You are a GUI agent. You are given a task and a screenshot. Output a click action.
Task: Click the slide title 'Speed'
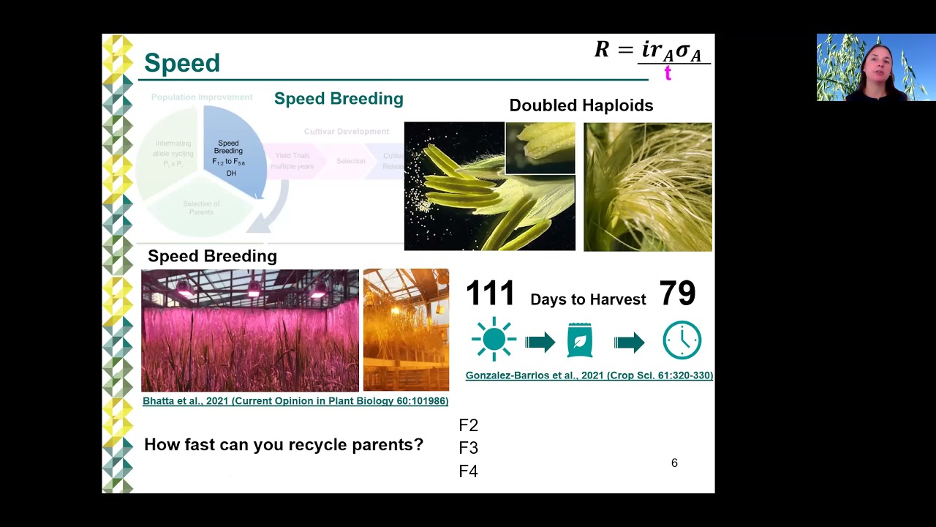(181, 63)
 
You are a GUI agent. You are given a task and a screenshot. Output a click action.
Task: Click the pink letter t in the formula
(668, 72)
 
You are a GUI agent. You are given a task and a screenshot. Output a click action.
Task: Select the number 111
(490, 294)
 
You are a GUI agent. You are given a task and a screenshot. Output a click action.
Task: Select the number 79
(677, 294)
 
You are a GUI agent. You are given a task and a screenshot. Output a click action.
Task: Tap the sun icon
(494, 340)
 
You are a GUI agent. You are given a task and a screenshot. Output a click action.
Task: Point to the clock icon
(682, 340)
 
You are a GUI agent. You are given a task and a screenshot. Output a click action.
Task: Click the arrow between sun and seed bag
(540, 342)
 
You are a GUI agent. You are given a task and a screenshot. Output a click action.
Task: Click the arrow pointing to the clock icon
(629, 342)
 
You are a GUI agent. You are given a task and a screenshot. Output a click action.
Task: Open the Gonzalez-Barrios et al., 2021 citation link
(589, 375)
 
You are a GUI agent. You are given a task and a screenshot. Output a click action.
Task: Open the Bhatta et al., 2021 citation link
(295, 401)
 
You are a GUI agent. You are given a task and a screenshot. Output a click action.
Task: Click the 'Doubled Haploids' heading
(581, 105)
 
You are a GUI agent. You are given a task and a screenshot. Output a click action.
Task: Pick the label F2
(468, 425)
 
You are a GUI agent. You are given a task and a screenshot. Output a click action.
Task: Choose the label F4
(468, 471)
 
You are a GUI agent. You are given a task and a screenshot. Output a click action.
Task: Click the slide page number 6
(674, 463)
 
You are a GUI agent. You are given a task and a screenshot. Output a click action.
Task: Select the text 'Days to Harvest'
(588, 299)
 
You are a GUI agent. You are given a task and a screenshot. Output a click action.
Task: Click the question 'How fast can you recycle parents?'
(283, 444)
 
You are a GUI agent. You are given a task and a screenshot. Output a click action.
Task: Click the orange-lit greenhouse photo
(406, 330)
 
